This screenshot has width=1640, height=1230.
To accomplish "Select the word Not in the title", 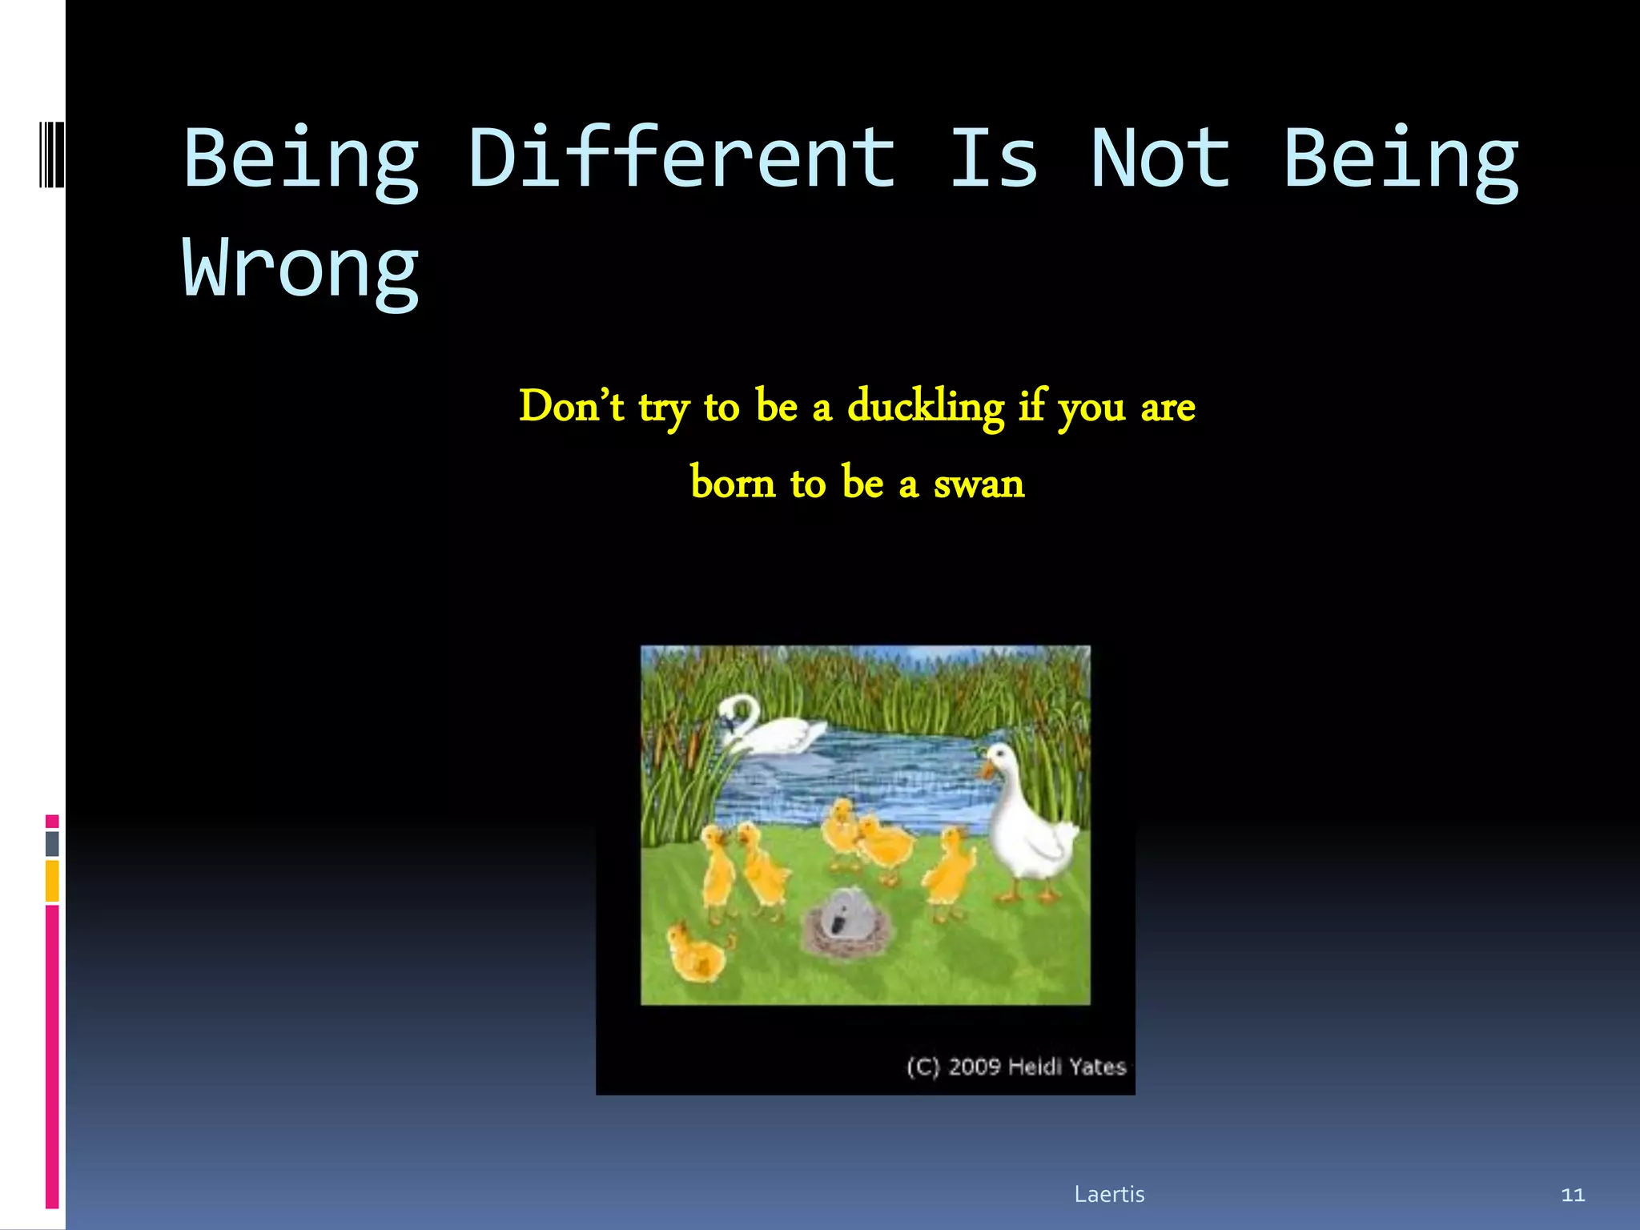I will pos(1160,159).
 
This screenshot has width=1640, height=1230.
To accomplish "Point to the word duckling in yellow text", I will pos(925,407).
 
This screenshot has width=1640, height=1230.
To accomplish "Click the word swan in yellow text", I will pos(979,484).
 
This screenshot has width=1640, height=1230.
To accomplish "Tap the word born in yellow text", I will pos(733,484).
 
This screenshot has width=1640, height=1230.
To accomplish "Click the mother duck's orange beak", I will pos(987,770).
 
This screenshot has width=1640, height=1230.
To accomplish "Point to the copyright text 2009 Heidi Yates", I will pos(1017,1067).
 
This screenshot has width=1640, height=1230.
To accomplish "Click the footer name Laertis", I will pos(1109,1194).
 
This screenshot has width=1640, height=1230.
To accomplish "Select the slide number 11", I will pos(1573,1195).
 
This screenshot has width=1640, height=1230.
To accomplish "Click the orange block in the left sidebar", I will pos(52,881).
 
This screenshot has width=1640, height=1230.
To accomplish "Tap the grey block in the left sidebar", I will pos(52,843).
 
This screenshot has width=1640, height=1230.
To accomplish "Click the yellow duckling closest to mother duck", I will pos(950,873).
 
